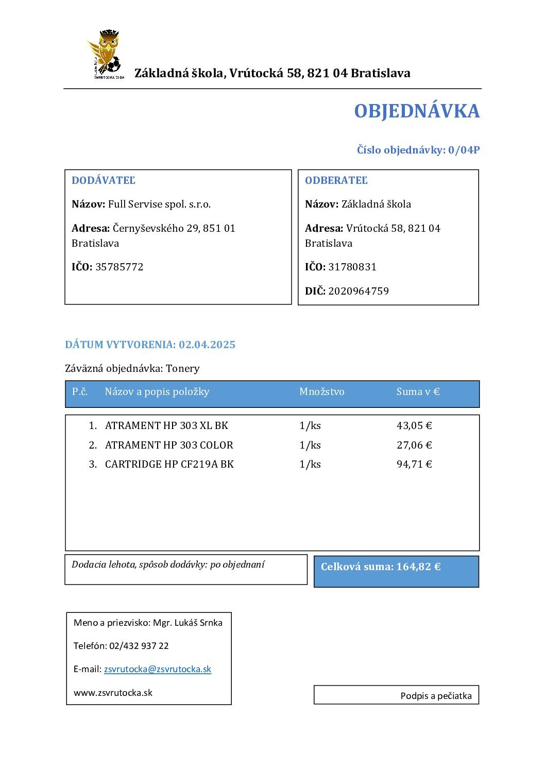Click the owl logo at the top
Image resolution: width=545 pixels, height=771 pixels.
point(105,54)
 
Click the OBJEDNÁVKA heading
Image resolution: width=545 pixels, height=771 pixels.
point(416,111)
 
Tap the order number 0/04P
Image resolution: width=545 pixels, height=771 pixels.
point(464,150)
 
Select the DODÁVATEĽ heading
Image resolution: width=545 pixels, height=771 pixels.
point(104,180)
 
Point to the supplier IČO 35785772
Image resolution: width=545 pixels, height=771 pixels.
point(120,267)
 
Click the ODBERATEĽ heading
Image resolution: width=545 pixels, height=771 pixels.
point(336,180)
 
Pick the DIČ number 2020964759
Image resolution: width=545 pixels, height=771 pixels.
point(359,291)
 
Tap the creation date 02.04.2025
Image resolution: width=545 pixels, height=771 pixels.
point(207,345)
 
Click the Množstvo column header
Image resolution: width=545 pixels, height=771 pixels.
point(321,392)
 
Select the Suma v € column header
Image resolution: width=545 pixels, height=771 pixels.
point(418,392)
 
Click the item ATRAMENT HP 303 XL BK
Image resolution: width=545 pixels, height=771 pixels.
point(166,425)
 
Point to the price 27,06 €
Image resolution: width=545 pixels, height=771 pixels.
point(414,445)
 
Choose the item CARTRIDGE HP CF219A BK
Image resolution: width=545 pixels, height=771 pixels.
point(169,464)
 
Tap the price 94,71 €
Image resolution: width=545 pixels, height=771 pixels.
point(414,464)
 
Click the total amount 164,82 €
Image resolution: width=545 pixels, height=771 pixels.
point(418,567)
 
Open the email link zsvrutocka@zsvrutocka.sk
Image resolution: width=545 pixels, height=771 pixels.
point(158,669)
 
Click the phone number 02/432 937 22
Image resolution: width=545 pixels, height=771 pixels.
point(139,646)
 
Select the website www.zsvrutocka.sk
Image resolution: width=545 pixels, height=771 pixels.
point(113,693)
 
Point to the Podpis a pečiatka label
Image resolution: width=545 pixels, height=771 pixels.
point(436,696)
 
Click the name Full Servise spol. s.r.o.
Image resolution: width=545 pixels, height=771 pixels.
point(159,204)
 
